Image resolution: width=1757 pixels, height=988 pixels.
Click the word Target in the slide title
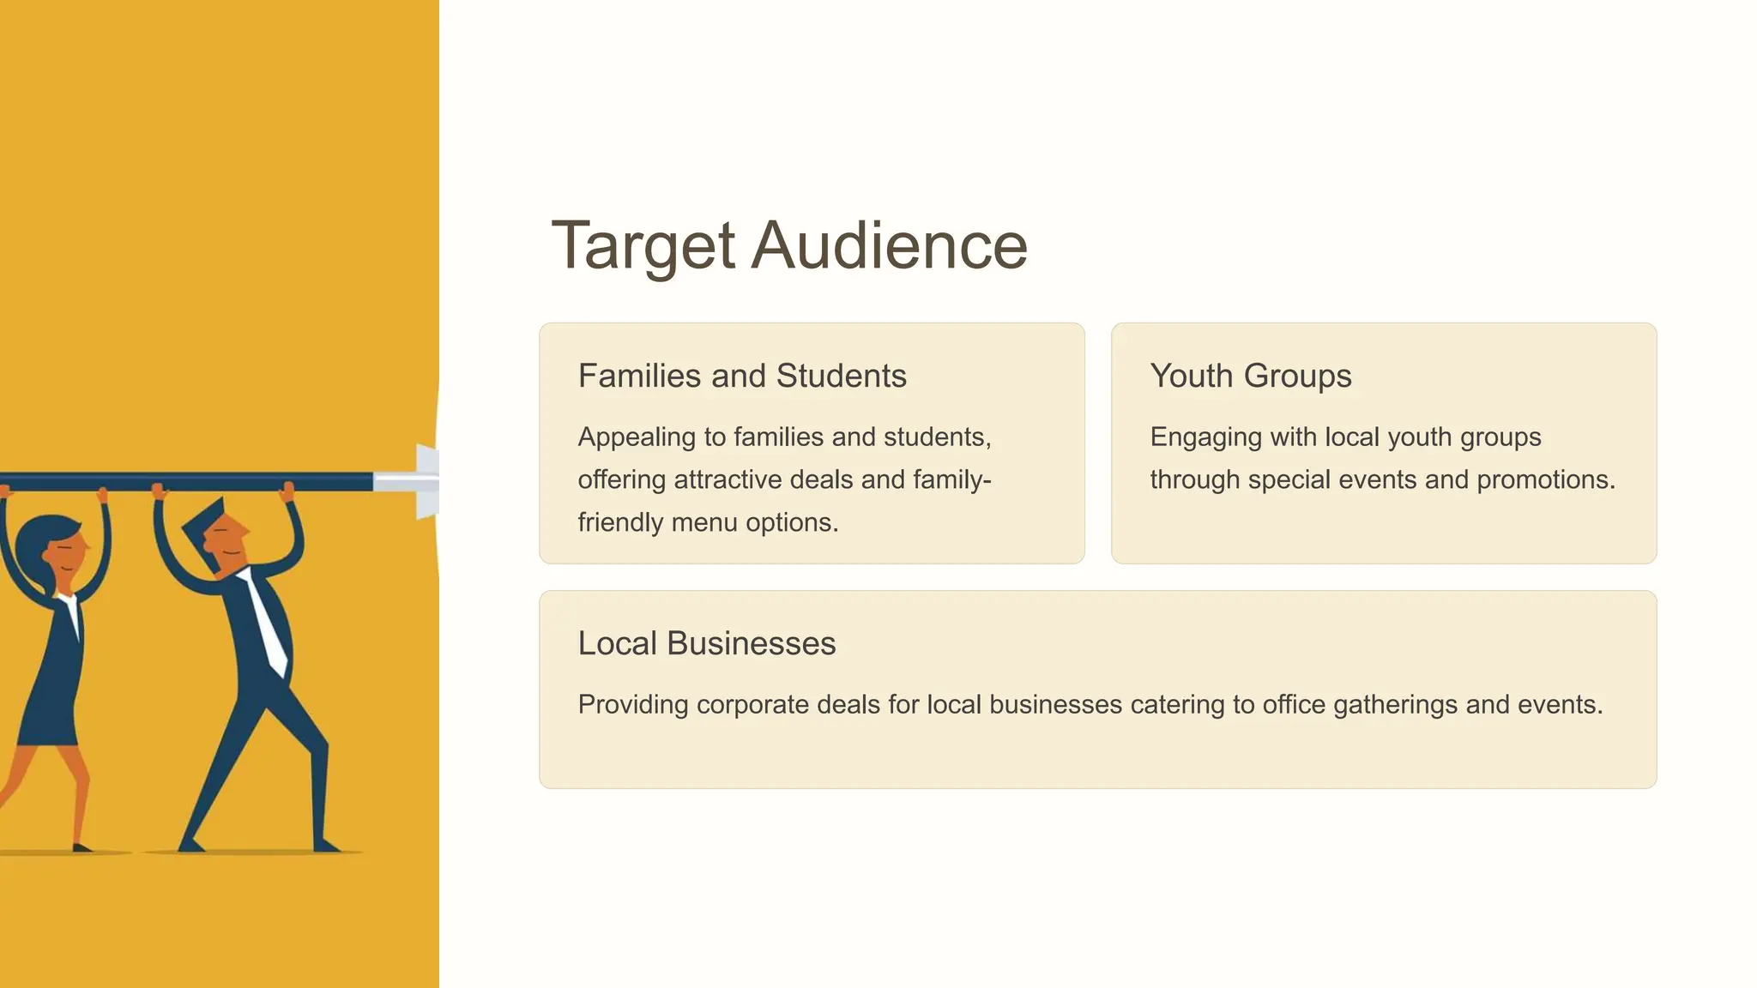[643, 246]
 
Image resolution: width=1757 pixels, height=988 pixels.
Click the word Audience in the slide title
[890, 246]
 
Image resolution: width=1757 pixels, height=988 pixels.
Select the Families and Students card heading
[742, 376]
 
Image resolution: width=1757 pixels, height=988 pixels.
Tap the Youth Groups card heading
[1250, 376]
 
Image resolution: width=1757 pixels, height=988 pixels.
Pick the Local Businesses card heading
[706, 643]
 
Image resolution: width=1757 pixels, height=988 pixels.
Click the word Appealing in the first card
[637, 437]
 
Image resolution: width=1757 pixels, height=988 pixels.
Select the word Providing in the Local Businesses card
[633, 705]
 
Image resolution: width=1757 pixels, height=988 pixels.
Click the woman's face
[67, 549]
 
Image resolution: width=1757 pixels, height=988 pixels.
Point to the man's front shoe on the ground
[326, 845]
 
